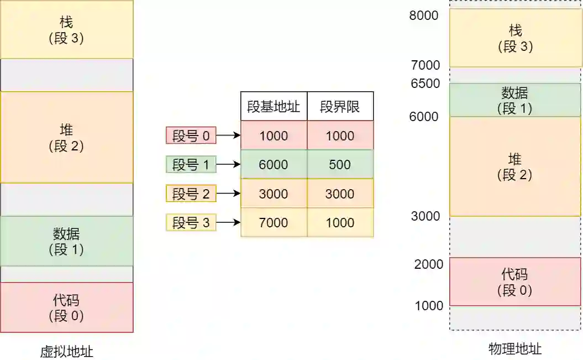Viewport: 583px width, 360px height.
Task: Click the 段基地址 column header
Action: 274,107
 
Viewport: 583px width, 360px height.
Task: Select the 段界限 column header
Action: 340,107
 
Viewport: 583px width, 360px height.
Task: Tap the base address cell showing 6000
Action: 274,165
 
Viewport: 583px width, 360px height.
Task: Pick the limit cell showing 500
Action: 340,165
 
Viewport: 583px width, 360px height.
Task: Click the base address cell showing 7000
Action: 274,222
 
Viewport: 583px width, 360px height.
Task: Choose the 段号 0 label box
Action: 191,135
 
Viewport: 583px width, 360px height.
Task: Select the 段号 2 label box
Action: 191,194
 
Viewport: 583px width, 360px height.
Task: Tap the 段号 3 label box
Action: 191,223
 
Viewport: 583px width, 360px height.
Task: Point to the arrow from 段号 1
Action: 228,164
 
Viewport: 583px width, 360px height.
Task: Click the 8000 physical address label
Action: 424,15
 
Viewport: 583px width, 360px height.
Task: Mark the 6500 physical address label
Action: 426,84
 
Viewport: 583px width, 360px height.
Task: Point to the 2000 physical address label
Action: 429,264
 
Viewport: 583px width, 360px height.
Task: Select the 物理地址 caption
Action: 515,348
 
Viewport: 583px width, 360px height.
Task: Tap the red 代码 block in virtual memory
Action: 66,307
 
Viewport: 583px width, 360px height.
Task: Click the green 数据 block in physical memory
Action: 515,100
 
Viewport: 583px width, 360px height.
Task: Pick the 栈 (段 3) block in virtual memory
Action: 66,29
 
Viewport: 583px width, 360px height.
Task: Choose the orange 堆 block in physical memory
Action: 515,166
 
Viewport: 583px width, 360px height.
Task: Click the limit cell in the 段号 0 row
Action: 340,135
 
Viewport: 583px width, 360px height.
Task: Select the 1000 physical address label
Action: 429,306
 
